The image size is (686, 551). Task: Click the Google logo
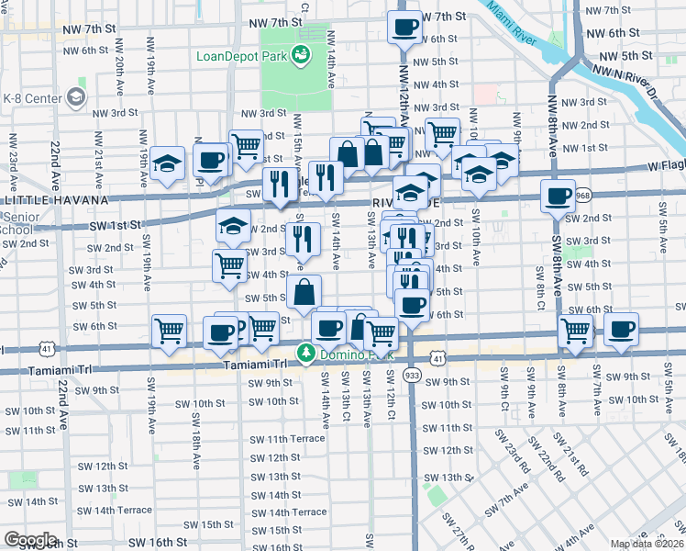29,540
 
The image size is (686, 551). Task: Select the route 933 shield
412,377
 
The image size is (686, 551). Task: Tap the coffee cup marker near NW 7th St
404,28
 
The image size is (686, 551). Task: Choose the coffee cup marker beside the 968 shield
558,196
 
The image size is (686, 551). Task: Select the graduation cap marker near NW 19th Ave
168,164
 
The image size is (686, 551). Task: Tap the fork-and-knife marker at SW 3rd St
303,240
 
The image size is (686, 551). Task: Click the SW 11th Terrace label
287,439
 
